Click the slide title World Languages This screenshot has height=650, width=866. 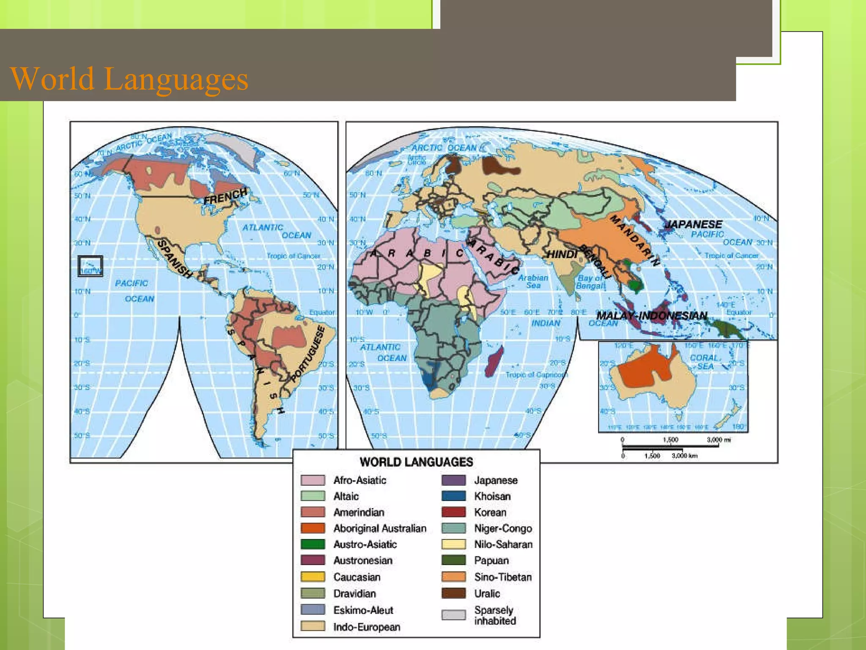(129, 79)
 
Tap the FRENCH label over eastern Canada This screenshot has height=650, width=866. (225, 196)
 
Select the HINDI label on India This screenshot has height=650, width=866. (562, 254)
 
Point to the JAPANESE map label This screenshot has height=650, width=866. (693, 224)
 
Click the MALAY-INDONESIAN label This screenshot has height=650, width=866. (652, 316)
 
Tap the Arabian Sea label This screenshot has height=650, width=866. (533, 281)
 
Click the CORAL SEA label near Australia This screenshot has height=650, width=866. (705, 362)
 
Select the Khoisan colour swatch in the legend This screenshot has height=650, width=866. (453, 496)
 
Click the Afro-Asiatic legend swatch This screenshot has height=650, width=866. (313, 480)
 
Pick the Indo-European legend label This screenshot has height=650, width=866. (366, 627)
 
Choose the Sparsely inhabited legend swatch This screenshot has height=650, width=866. (453, 615)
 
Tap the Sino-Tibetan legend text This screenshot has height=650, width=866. (502, 577)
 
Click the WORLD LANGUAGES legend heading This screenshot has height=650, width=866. (416, 462)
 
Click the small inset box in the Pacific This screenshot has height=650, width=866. (90, 266)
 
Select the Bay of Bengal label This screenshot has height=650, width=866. (590, 282)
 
